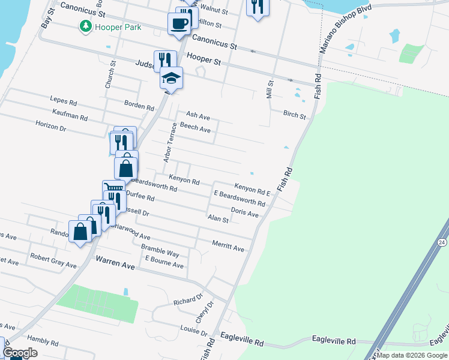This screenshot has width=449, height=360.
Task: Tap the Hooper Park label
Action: pos(111,26)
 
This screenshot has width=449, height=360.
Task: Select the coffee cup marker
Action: pos(180,23)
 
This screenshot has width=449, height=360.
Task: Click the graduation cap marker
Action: pos(171,78)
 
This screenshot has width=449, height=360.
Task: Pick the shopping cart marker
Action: pos(112,189)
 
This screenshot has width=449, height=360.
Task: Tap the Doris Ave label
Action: pos(244,212)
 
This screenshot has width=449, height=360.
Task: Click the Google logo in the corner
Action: pos(20,353)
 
